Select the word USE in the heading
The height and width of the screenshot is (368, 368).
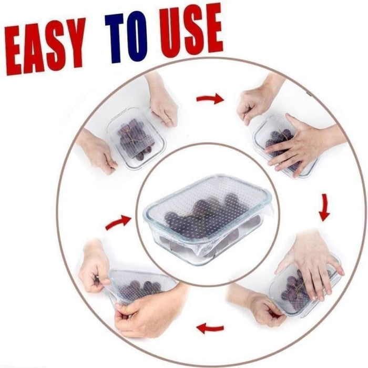191,30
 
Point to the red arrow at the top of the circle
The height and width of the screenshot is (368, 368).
210,99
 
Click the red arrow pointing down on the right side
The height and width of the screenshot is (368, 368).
324,208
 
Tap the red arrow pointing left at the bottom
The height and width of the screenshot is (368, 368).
210,328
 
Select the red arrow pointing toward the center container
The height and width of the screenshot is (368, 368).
118,222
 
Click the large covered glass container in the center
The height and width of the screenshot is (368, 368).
208,219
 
